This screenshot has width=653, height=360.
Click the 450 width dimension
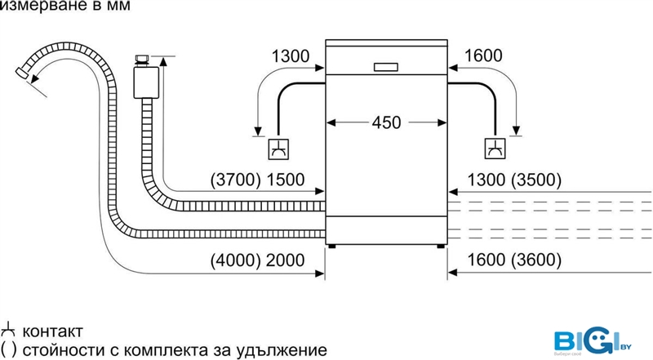[x=386, y=122]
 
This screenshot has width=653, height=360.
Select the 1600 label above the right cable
[x=483, y=56]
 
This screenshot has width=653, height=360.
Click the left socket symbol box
[x=278, y=149]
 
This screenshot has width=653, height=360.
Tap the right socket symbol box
[x=495, y=149]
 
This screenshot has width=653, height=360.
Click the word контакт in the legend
[x=53, y=332]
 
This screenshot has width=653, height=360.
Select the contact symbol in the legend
[x=10, y=331]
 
